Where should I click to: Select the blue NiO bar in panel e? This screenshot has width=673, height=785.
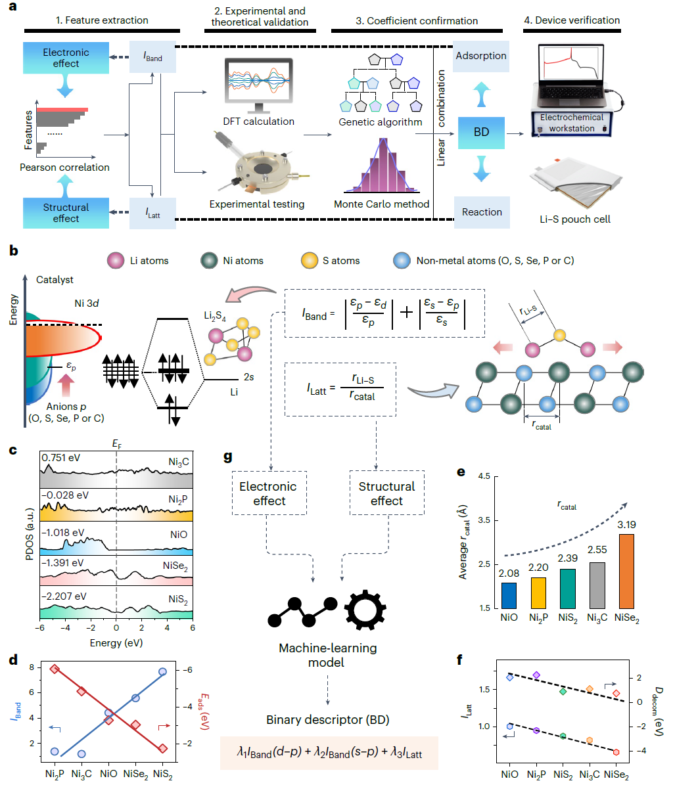[x=509, y=594]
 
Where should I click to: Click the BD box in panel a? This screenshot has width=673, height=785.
[x=481, y=131]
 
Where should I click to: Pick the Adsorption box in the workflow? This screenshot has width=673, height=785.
[x=481, y=56]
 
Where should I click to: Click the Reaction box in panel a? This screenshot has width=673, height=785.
[x=482, y=212]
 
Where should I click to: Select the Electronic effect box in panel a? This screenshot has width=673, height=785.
[x=66, y=58]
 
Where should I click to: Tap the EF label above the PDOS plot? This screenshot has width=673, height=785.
[x=117, y=445]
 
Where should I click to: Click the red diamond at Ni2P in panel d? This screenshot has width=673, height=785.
[x=55, y=669]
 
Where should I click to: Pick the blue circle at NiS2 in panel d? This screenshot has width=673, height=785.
[x=162, y=671]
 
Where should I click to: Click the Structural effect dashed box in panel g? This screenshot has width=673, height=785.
[x=386, y=493]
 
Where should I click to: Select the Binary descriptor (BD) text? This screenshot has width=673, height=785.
[x=328, y=720]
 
